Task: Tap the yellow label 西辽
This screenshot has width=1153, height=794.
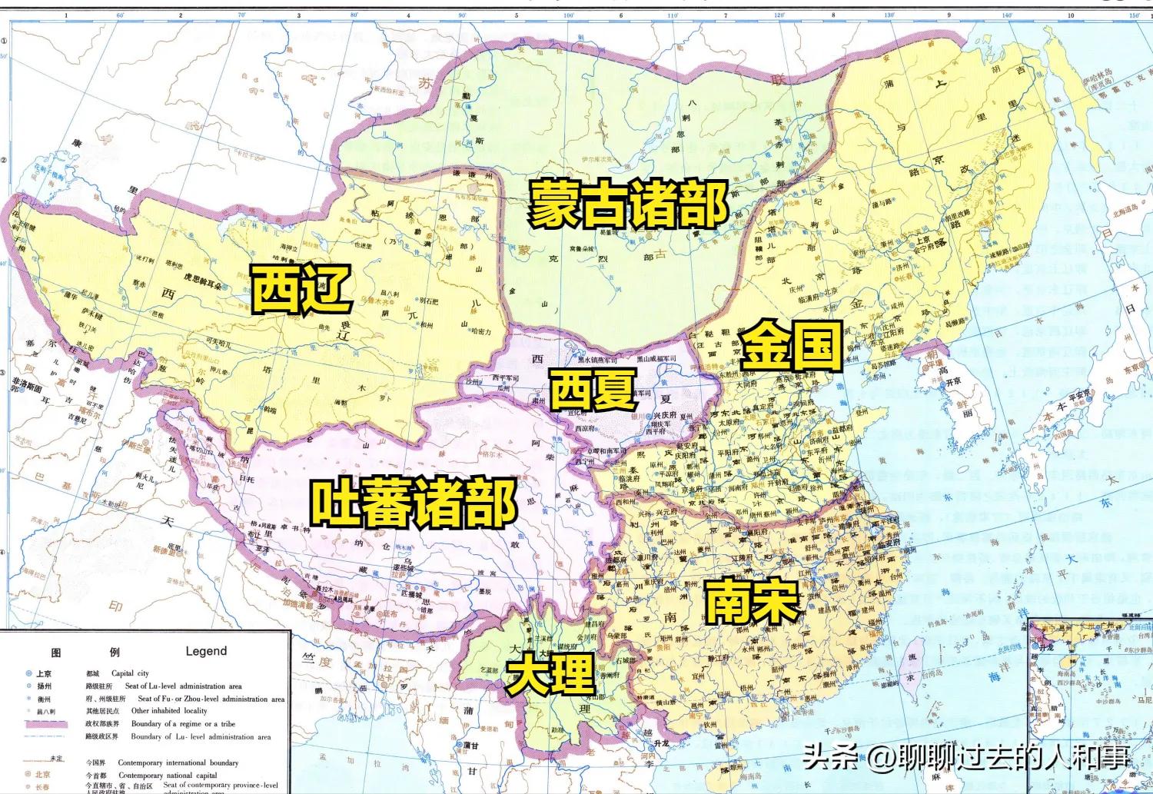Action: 302,289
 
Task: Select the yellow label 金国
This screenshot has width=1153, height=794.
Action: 792,345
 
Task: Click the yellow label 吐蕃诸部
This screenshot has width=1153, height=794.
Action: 414,503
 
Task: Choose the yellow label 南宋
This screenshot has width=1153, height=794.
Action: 753,600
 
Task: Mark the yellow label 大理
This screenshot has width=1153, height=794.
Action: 550,674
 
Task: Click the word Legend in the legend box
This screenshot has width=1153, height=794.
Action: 206,651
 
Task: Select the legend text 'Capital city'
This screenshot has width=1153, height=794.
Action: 130,673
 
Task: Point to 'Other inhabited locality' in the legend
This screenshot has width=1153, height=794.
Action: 169,711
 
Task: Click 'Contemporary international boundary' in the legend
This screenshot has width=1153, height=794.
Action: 178,762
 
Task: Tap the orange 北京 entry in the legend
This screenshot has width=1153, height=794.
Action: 42,775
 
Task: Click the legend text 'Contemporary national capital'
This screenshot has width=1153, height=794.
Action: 168,775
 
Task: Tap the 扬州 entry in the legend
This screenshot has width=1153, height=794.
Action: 43,686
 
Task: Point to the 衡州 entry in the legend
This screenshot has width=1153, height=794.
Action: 43,699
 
